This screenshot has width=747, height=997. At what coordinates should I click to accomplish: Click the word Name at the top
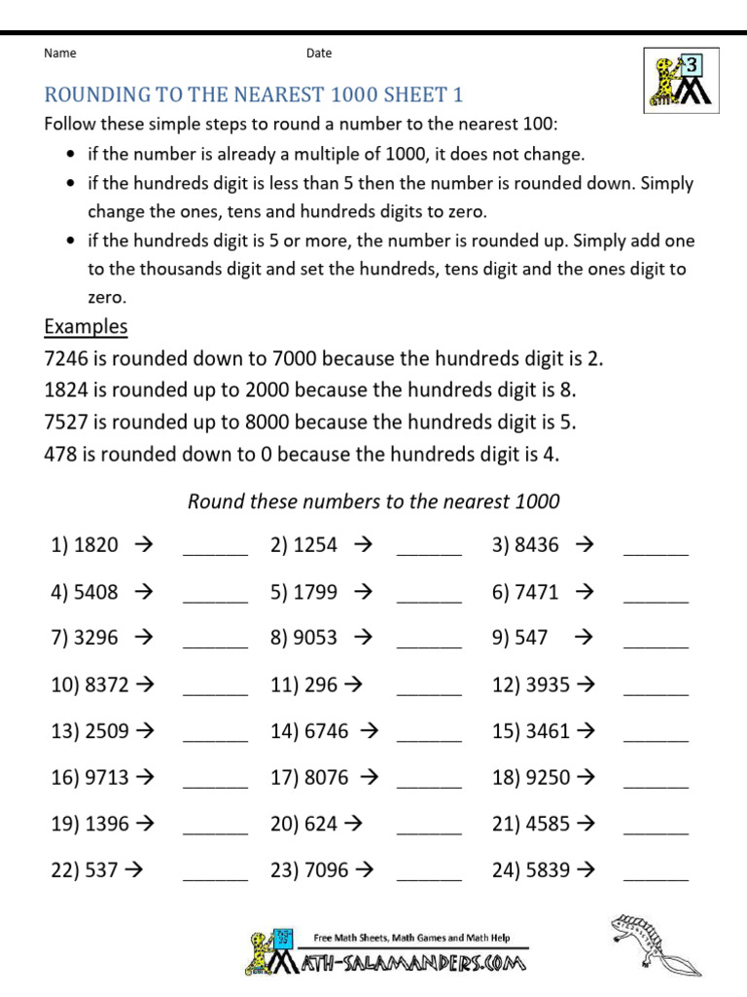[60, 54]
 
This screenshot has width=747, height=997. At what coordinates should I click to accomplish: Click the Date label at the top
[319, 54]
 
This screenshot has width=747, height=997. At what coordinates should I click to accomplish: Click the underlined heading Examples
[86, 326]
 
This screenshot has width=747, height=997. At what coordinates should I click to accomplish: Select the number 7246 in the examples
[66, 358]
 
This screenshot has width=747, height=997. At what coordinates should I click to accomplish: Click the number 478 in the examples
[60, 454]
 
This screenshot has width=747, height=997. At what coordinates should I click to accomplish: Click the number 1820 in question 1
[95, 545]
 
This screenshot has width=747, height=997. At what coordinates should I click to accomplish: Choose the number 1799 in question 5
[315, 591]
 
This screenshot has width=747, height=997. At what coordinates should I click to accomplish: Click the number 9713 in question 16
[107, 778]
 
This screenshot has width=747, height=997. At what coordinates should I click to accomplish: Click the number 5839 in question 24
[548, 870]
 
